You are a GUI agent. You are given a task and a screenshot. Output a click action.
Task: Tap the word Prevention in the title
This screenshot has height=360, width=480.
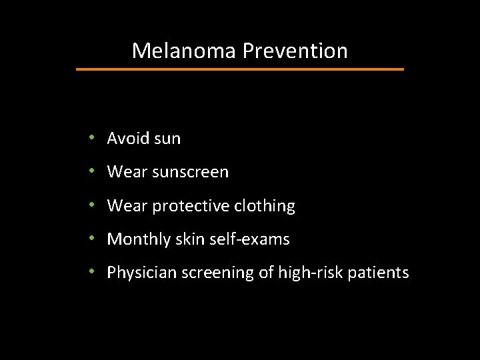pos(295,51)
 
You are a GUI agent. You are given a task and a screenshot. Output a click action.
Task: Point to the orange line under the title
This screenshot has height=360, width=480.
pos(240,69)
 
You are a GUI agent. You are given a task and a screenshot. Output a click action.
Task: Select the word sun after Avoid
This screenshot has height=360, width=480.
pos(167,139)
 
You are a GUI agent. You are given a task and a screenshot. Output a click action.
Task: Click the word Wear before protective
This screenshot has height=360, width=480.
pos(128,207)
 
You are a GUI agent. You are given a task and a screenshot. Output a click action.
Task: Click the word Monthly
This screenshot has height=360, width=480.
pos(137,239)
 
